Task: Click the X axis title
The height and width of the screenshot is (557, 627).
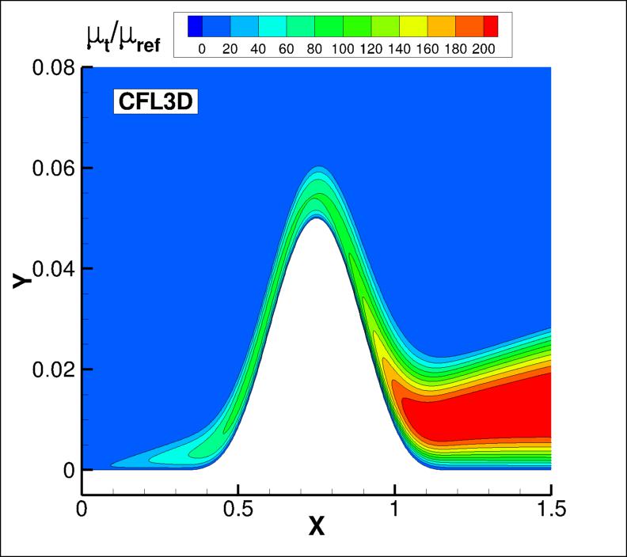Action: pyautogui.click(x=317, y=527)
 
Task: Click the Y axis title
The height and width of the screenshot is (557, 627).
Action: pyautogui.click(x=23, y=280)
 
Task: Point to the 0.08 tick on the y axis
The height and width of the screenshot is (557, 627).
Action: pyautogui.click(x=54, y=68)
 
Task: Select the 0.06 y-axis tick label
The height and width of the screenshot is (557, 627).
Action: pyautogui.click(x=54, y=169)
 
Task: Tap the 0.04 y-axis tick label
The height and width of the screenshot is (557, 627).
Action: pyautogui.click(x=54, y=269)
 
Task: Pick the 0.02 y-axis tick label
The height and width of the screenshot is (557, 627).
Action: pyautogui.click(x=54, y=369)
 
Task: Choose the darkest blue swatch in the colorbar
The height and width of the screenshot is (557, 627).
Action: pyautogui.click(x=196, y=27)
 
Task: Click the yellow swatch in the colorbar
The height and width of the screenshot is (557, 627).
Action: pyautogui.click(x=412, y=27)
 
